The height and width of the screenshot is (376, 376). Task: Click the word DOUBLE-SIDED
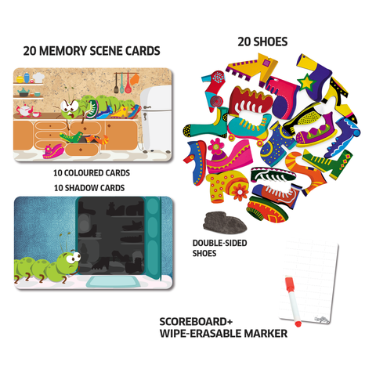pyautogui.click(x=219, y=243)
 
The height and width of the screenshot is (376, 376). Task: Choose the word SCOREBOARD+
pyautogui.click(x=196, y=322)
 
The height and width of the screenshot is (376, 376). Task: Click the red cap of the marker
pyautogui.click(x=289, y=282)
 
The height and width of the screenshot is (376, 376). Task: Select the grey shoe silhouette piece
pyautogui.click(x=225, y=222)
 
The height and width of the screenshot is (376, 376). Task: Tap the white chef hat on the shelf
pyautogui.click(x=38, y=78)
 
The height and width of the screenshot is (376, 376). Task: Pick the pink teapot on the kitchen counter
pyautogui.click(x=24, y=110)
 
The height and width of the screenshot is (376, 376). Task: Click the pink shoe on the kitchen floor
pyautogui.click(x=53, y=151)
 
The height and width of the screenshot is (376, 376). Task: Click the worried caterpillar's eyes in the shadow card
pyautogui.click(x=72, y=258)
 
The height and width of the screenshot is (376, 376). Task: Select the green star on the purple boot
pyautogui.click(x=307, y=82)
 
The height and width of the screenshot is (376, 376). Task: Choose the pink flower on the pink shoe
pyautogui.click(x=216, y=146)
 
